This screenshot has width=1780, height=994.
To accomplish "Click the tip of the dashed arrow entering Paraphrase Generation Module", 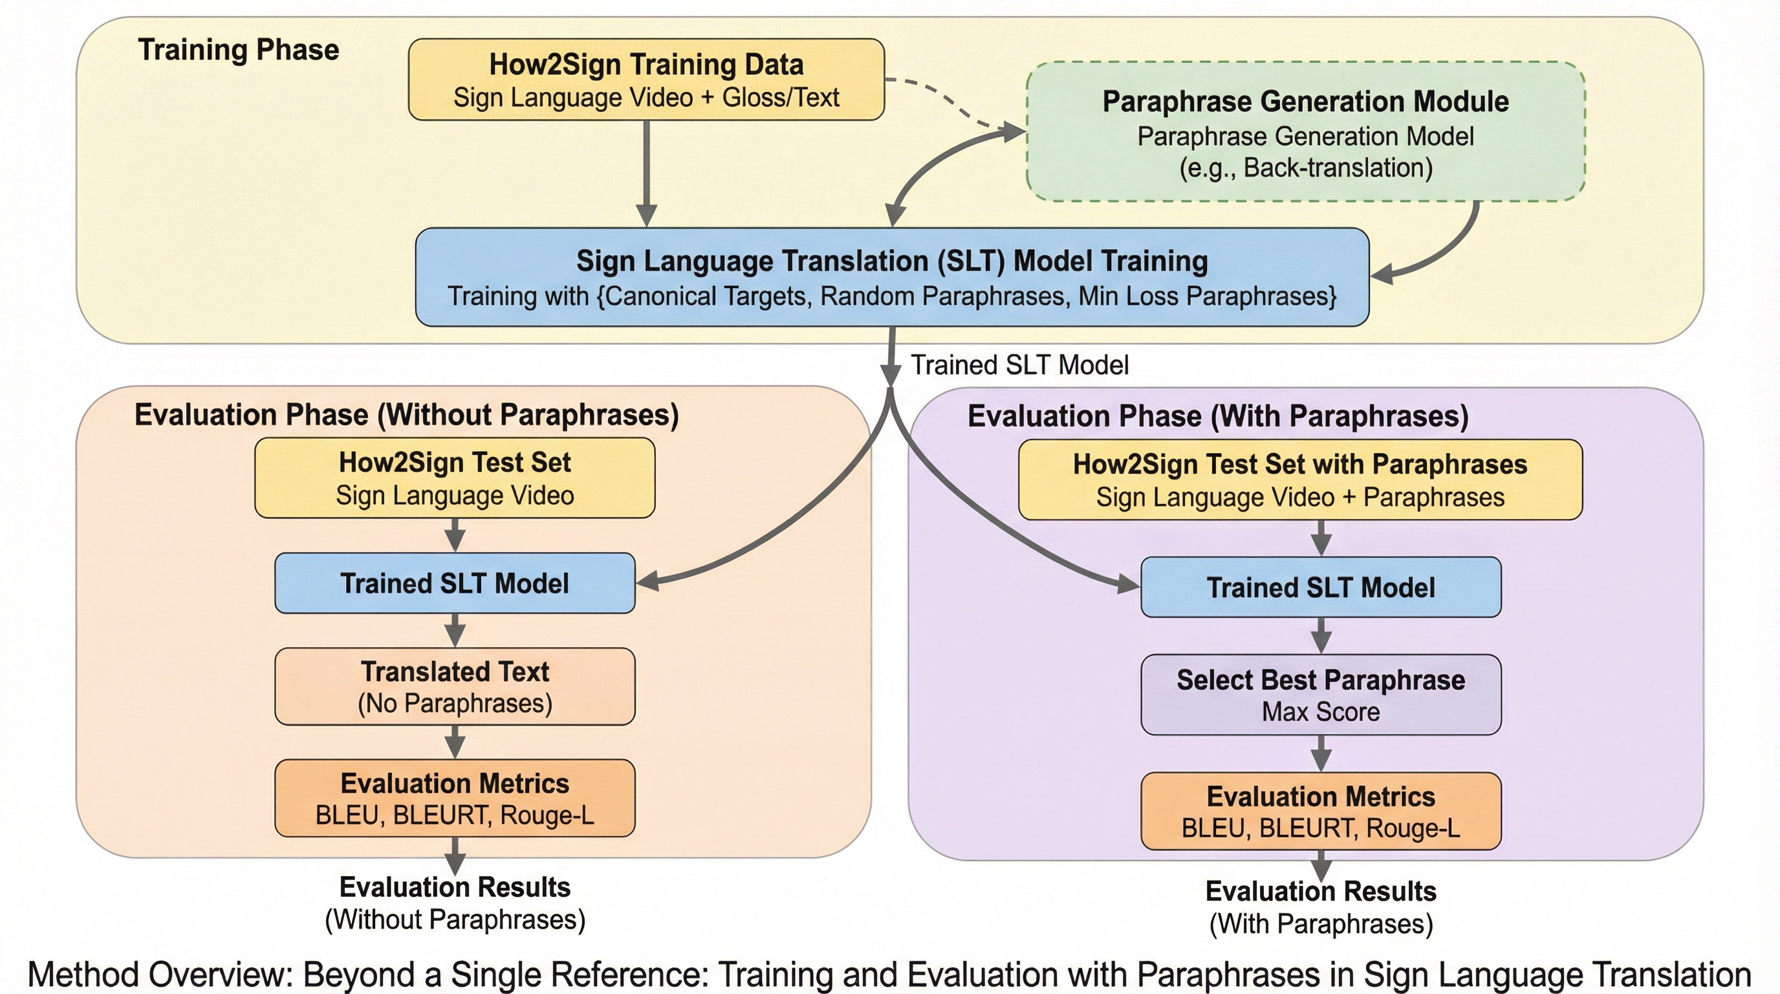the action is coord(1025,131).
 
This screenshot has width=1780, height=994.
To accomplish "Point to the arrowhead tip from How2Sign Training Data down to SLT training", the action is coord(646,226).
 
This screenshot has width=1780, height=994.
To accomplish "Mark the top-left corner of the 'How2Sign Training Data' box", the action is coord(409,39).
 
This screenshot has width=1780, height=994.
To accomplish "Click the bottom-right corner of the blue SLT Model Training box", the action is coord(1369,326).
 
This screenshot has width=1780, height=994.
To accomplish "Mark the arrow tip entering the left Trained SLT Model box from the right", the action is coord(636,582).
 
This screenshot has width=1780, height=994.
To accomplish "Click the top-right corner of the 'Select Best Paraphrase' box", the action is coord(1501,656).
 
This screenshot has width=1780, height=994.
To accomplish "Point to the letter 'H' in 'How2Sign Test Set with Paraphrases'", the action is coord(1081,465).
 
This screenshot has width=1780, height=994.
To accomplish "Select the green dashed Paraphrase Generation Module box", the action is coord(1305,131).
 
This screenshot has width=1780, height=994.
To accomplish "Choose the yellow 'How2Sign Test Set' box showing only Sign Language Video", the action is coord(455,478).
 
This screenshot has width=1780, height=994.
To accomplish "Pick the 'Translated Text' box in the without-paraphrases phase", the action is coord(455,687).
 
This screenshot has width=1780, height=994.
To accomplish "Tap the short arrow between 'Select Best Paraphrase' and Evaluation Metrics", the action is coord(1321,753).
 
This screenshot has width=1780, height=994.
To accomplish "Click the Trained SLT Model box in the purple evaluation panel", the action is coord(1321,587).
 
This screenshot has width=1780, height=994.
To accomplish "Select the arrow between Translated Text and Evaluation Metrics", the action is coord(455,742).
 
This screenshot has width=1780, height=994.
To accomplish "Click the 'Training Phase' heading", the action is coord(239,50).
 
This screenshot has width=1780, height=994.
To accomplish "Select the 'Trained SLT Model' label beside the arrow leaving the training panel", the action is coord(1020,365).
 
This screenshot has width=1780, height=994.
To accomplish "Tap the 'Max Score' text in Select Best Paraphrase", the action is coord(1321,711).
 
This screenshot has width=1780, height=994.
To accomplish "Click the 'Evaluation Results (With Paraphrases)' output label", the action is coord(1321,907).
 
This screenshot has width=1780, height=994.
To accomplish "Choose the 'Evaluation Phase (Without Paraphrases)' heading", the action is coord(406,415).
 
